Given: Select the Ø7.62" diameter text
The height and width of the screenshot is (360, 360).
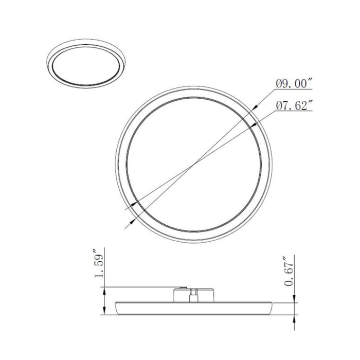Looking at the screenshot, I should [x=295, y=106].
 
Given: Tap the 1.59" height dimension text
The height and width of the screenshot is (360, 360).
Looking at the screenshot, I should [x=100, y=265].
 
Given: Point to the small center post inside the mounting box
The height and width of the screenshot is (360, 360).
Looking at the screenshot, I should [x=193, y=295].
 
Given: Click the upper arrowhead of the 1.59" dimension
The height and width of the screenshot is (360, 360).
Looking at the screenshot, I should [x=105, y=290].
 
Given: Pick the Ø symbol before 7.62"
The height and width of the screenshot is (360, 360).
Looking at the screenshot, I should [x=279, y=106].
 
